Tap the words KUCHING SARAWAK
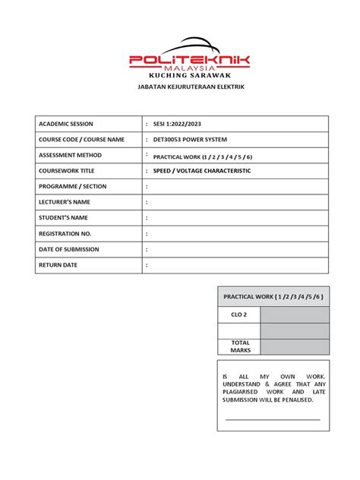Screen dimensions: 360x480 click(189, 77)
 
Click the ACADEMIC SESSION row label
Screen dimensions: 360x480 click(71, 124)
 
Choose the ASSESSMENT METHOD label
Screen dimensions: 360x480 click(75, 155)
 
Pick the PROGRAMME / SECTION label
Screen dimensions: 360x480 click(73, 186)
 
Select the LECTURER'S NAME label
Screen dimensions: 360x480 click(65, 202)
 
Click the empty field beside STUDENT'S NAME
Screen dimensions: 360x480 click(235, 218)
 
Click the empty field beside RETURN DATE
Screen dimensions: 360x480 click(235, 265)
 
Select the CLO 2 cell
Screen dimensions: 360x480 click(239, 314)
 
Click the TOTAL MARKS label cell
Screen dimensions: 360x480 click(239, 346)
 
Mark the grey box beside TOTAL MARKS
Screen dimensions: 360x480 click(295, 346)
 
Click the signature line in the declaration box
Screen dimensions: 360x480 click(273, 418)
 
